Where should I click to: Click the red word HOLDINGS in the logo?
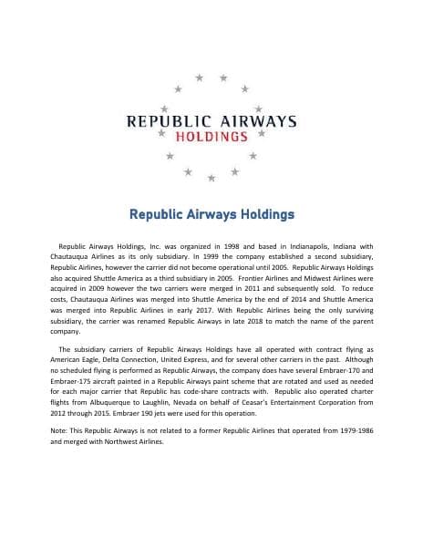tap(211, 137)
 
